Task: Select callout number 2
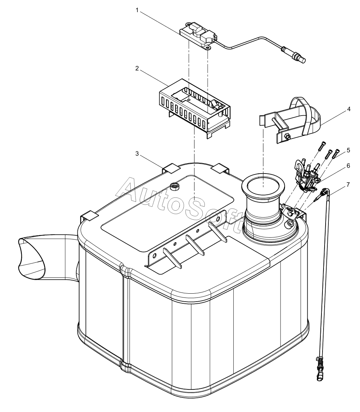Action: pos(137,68)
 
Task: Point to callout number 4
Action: pos(348,109)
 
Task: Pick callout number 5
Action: pos(348,150)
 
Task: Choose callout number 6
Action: pos(348,166)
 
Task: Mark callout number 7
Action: pos(348,184)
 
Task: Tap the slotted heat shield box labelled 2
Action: pos(194,111)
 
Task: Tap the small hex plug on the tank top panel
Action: pos(175,187)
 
